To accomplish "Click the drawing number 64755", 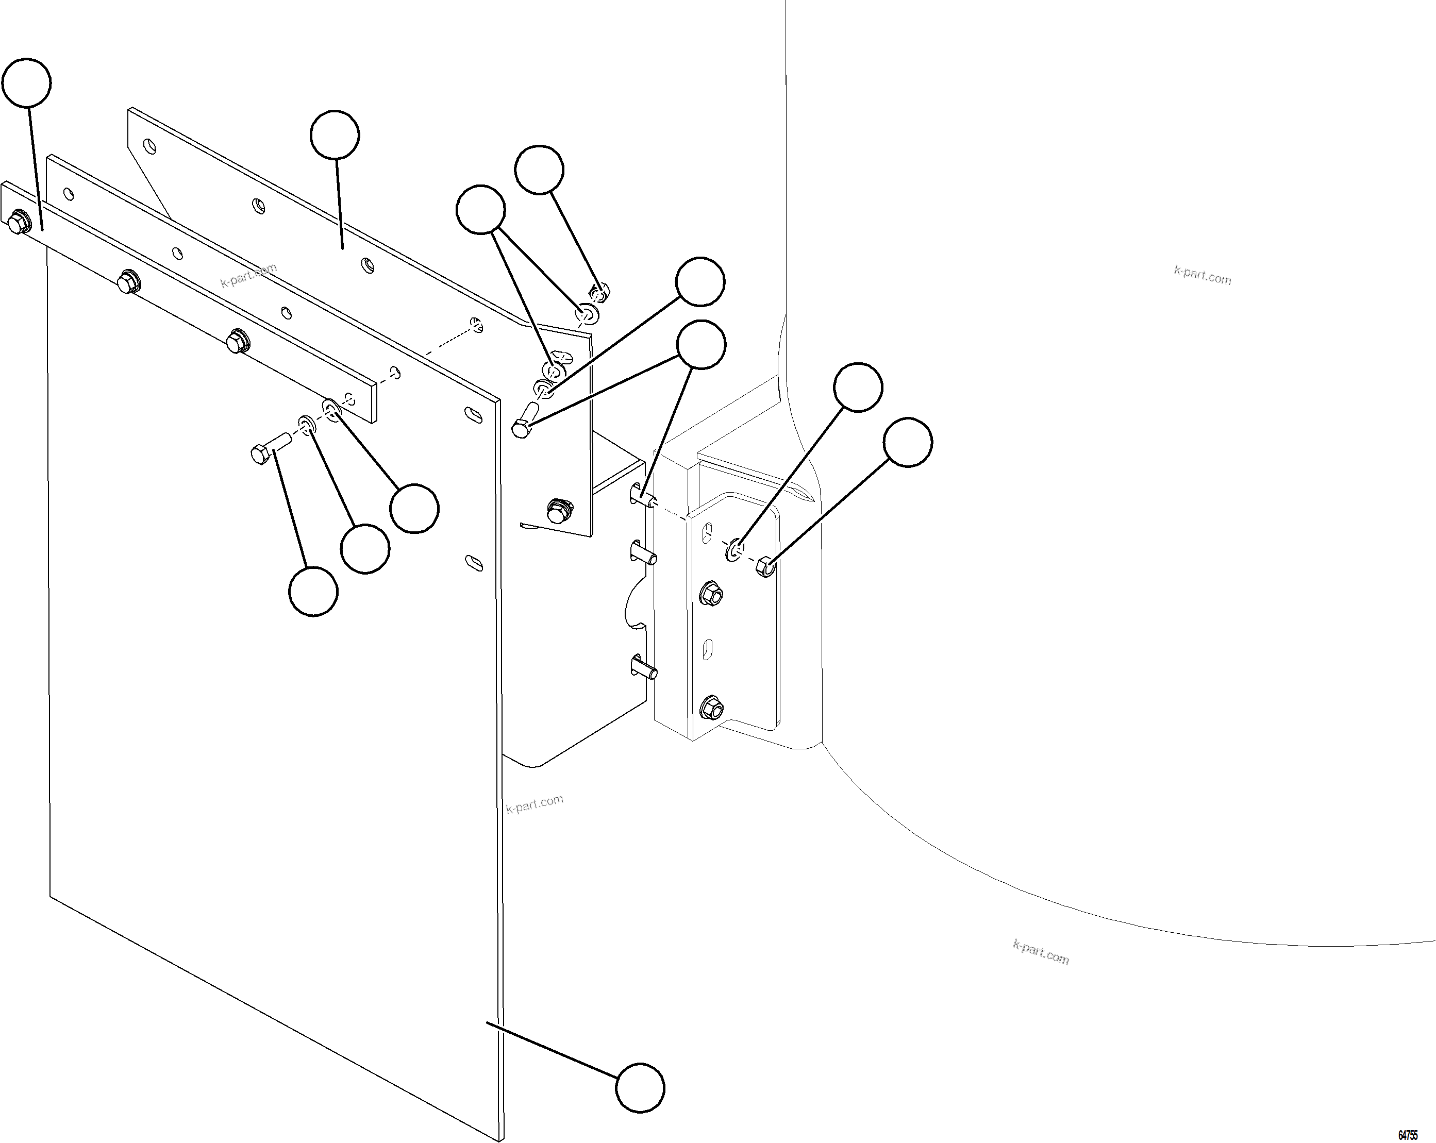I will (1407, 1135).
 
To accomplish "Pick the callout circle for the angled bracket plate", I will (335, 135).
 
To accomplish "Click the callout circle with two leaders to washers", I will (480, 210).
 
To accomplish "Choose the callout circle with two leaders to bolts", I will (700, 344).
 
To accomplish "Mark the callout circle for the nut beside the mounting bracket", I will (908, 442).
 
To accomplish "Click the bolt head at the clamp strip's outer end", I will (19, 223).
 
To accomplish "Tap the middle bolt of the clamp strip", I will (127, 282).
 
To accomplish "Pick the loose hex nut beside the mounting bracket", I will (766, 567).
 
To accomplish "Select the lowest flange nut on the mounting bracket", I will (711, 708).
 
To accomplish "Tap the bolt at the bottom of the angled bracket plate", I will (558, 511).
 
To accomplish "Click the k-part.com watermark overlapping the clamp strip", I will (248, 275).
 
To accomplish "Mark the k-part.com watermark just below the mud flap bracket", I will (534, 804).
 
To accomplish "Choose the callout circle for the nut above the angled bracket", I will (539, 170).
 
